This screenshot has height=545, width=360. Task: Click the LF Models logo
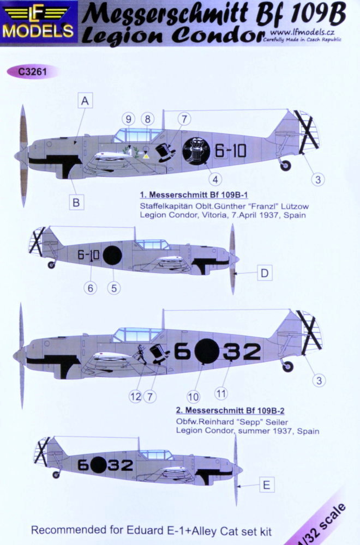pyautogui.click(x=38, y=21)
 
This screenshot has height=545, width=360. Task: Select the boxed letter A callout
pyautogui.click(x=85, y=101)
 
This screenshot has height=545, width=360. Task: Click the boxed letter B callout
pyautogui.click(x=76, y=202)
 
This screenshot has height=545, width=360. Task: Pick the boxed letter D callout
pyautogui.click(x=265, y=273)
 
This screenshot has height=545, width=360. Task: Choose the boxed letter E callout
pyautogui.click(x=266, y=485)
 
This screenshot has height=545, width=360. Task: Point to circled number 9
pyautogui.click(x=129, y=119)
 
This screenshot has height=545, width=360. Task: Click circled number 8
pyautogui.click(x=147, y=119)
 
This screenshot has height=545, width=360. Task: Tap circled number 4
pyautogui.click(x=215, y=179)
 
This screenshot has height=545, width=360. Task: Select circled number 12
pyautogui.click(x=136, y=396)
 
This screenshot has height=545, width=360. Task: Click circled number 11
pyautogui.click(x=221, y=393)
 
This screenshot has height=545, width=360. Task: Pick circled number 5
pyautogui.click(x=114, y=288)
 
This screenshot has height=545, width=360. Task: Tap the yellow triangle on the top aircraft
pyautogui.click(x=146, y=156)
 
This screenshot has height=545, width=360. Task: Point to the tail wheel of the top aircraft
pyautogui.click(x=285, y=165)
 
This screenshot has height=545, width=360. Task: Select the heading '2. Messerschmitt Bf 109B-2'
pyautogui.click(x=230, y=410)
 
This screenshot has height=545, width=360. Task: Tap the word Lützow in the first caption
pyautogui.click(x=294, y=206)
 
